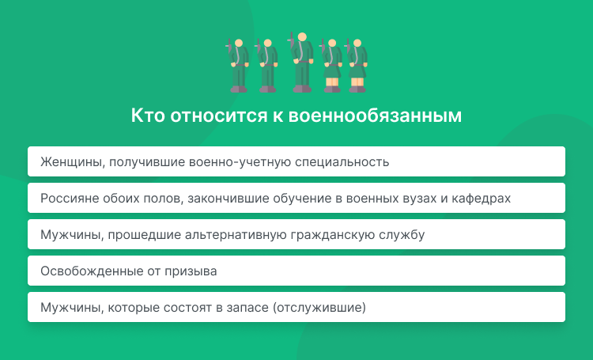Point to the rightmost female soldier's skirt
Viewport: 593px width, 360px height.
357,72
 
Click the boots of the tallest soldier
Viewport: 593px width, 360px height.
301,87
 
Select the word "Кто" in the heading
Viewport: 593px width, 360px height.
145,116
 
